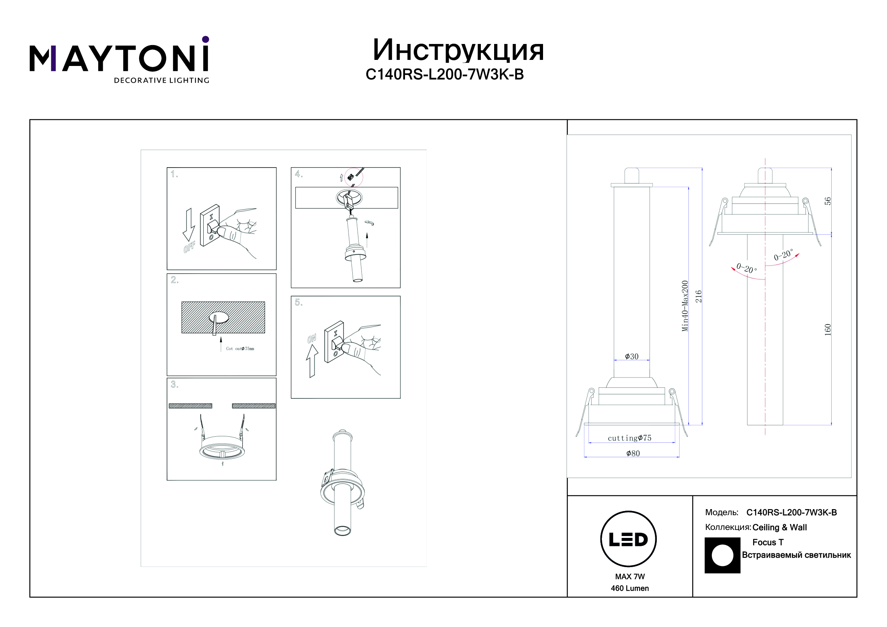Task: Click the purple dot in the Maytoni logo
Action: point(206,39)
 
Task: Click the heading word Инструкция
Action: point(458,50)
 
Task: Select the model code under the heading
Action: point(445,75)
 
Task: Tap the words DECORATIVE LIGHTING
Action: point(162,80)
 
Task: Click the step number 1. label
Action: point(174,174)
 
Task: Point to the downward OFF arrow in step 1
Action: point(189,225)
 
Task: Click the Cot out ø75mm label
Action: point(240,349)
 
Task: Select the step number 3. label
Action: point(174,384)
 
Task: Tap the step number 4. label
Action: point(298,174)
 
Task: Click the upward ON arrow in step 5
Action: point(312,361)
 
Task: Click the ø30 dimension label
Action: point(632,356)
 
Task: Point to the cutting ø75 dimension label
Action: point(630,438)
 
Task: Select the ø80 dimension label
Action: point(633,453)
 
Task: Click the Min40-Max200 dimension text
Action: point(685,306)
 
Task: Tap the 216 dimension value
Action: point(699,296)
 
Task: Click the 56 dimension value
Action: point(827,201)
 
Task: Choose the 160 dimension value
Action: point(827,330)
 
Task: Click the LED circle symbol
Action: point(628,539)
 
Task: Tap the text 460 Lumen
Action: point(630,588)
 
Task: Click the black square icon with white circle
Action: point(722,555)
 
